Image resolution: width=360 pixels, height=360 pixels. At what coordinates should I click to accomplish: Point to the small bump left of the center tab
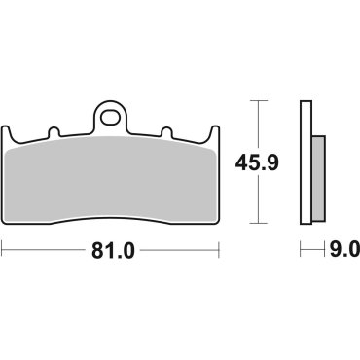[x=59, y=132]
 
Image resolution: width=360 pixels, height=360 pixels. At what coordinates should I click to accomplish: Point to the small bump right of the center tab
[x=165, y=132]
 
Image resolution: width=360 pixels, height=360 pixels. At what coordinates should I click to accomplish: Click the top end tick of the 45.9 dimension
[x=258, y=100]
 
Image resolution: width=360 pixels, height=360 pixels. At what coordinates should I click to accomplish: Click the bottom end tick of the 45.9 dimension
[x=258, y=223]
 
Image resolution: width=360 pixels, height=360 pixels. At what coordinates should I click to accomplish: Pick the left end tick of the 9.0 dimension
[x=301, y=250]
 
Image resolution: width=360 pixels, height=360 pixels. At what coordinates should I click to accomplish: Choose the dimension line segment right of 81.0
[x=185, y=250]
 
